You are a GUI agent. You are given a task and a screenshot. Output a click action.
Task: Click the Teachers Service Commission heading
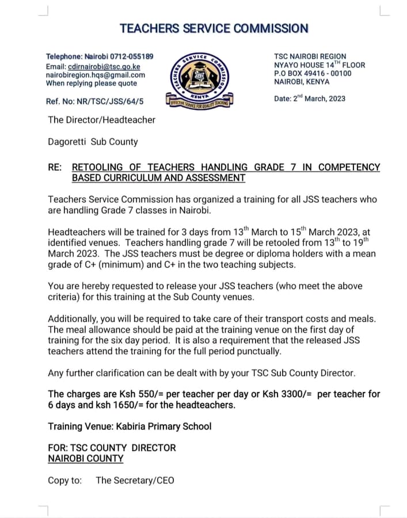[214, 28]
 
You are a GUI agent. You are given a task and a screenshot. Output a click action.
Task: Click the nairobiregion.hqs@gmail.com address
[96, 75]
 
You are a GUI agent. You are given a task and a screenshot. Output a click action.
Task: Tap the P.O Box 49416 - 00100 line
[313, 73]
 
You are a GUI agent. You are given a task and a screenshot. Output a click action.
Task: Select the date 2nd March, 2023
[319, 98]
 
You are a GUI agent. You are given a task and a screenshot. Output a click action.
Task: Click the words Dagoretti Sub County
[93, 142]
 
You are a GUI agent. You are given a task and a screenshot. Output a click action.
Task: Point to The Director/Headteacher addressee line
[101, 120]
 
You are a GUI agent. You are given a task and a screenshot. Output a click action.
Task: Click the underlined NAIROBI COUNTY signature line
[86, 459]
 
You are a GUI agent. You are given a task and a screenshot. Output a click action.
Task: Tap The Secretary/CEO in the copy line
[135, 480]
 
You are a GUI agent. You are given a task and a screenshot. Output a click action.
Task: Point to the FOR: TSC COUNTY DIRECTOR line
[112, 448]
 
